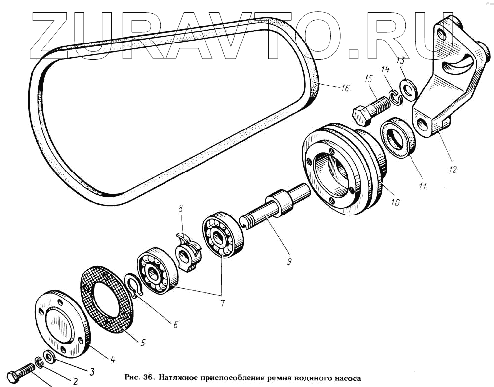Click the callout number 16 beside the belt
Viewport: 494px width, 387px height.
tap(345, 87)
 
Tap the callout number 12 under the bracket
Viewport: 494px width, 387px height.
tap(452, 170)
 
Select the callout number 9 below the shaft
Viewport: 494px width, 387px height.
tap(289, 261)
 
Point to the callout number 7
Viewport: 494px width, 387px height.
tap(222, 303)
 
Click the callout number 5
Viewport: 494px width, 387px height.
tap(143, 342)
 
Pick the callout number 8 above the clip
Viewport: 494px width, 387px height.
tap(180, 208)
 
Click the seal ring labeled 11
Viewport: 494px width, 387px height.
tap(399, 137)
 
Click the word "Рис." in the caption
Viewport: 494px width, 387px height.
tap(132, 377)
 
